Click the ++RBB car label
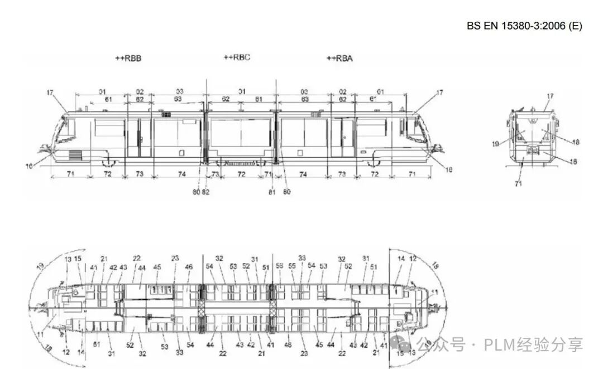tap(128, 58)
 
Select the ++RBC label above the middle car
tap(237, 57)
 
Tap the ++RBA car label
tap(339, 58)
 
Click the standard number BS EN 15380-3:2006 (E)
tap(524, 26)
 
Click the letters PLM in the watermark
tap(500, 344)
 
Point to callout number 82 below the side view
tap(206, 192)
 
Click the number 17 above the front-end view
tap(550, 96)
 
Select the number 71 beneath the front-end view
tap(519, 183)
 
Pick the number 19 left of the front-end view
tap(495, 144)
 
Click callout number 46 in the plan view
tap(189, 267)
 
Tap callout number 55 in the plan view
tap(291, 266)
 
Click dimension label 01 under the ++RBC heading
tap(242, 91)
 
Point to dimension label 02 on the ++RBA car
tap(343, 91)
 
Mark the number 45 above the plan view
tap(157, 267)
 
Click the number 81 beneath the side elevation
tap(272, 192)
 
